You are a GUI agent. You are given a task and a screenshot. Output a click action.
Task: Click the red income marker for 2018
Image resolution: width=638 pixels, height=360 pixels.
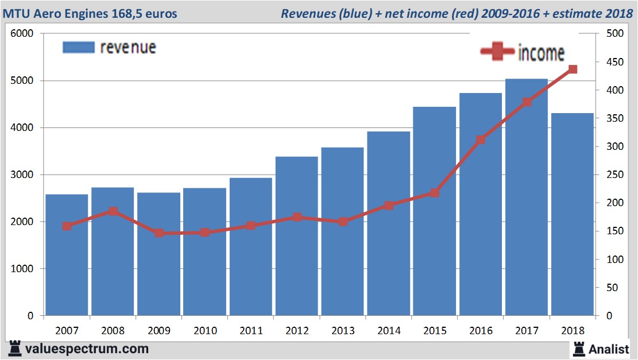(x=573, y=69)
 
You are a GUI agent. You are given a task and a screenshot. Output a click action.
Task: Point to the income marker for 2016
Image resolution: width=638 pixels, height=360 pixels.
(x=481, y=140)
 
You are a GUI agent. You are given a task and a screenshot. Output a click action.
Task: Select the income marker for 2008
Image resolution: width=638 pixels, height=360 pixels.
(x=113, y=211)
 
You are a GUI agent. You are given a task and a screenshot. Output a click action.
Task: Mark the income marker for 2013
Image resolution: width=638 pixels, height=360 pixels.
(x=343, y=221)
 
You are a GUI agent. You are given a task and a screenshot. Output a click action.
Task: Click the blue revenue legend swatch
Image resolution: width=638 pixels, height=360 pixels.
(x=78, y=48)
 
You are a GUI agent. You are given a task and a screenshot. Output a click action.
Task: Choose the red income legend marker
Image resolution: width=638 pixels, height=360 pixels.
(x=497, y=52)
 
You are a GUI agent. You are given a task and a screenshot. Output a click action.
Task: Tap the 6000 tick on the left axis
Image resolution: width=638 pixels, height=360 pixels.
(x=22, y=34)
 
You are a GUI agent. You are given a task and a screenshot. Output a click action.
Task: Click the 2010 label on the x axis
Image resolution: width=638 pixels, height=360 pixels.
(x=205, y=331)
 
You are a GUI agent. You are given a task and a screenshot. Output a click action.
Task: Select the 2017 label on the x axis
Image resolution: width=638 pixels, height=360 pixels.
(x=527, y=331)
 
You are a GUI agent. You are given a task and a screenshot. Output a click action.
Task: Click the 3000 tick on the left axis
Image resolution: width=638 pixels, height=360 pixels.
(x=22, y=175)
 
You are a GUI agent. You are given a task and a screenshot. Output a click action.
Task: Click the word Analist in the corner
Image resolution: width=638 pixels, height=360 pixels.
(x=609, y=348)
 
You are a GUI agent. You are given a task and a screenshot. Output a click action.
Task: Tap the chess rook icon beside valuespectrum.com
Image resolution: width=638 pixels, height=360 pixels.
(x=15, y=348)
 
